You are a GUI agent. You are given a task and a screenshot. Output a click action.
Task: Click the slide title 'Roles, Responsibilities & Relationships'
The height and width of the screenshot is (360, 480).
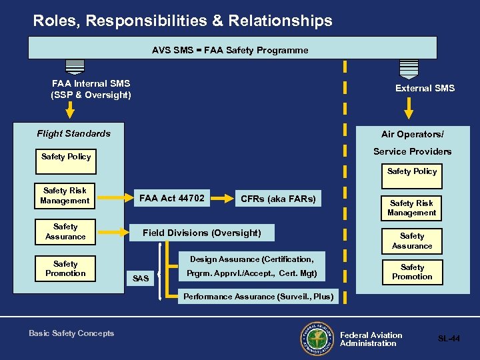[183, 21]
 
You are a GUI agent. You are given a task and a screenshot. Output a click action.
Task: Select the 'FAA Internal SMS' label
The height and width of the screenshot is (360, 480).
[91, 89]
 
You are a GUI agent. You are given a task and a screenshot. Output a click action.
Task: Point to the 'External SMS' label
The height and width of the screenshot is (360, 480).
[425, 88]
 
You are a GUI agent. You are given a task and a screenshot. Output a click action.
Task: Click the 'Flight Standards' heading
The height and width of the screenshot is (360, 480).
[74, 133]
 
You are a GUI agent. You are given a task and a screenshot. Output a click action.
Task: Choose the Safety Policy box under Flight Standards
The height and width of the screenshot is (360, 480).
[67, 157]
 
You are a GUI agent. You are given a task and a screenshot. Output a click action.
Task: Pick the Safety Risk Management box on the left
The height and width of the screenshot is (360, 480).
[65, 195]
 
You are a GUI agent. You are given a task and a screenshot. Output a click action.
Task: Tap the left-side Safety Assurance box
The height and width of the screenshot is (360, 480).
[65, 231]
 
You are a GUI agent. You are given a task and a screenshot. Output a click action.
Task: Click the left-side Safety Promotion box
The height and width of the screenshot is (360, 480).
[65, 269]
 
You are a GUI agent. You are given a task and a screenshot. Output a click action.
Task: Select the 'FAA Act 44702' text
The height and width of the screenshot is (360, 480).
[172, 197]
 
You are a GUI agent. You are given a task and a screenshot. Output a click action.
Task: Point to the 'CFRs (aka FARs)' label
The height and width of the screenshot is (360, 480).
[278, 199]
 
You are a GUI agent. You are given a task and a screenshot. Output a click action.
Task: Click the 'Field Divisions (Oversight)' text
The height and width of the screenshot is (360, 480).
[201, 233]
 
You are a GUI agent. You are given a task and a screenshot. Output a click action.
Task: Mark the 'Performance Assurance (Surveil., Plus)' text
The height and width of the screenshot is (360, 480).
[258, 297]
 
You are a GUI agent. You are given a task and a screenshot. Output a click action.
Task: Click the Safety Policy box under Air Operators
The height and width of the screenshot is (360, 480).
[412, 171]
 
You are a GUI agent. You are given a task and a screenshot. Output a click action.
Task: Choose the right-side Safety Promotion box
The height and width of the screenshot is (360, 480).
[412, 272]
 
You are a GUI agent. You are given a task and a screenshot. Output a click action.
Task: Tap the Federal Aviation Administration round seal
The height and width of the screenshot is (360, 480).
[317, 338]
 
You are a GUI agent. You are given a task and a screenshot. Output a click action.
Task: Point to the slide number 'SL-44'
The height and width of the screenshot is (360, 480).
[449, 339]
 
